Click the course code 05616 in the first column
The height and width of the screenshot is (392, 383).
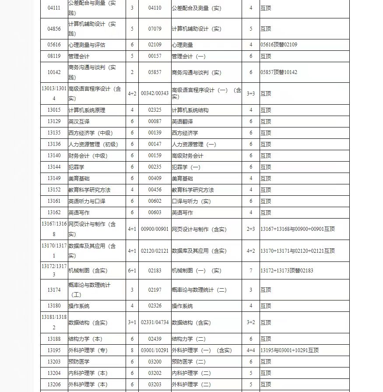tap(54, 45)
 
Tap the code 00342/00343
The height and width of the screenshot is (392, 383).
tap(155, 93)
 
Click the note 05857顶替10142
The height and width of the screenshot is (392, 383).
tap(278, 72)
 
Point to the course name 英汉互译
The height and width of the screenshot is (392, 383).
tap(79, 121)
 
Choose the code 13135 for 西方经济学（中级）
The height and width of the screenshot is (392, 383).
tap(54, 133)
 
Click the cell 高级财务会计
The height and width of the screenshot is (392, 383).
tap(187, 155)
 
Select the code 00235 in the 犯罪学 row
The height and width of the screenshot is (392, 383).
tap(155, 167)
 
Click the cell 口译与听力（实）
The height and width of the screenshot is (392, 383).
tap(191, 201)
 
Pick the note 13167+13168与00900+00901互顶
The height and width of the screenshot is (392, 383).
tap(297, 229)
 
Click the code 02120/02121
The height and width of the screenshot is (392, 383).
tap(155, 251)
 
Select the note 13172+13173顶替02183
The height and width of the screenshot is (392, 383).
tap(287, 271)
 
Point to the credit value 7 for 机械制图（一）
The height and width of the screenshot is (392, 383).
tap(251, 271)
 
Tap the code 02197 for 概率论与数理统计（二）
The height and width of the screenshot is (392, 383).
tap(155, 290)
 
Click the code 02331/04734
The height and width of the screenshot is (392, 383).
tap(155, 322)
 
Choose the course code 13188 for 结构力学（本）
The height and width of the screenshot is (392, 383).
tap(54, 339)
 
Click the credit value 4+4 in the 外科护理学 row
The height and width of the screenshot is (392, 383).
tap(251, 350)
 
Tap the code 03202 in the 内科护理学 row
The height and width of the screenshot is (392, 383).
tap(155, 373)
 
